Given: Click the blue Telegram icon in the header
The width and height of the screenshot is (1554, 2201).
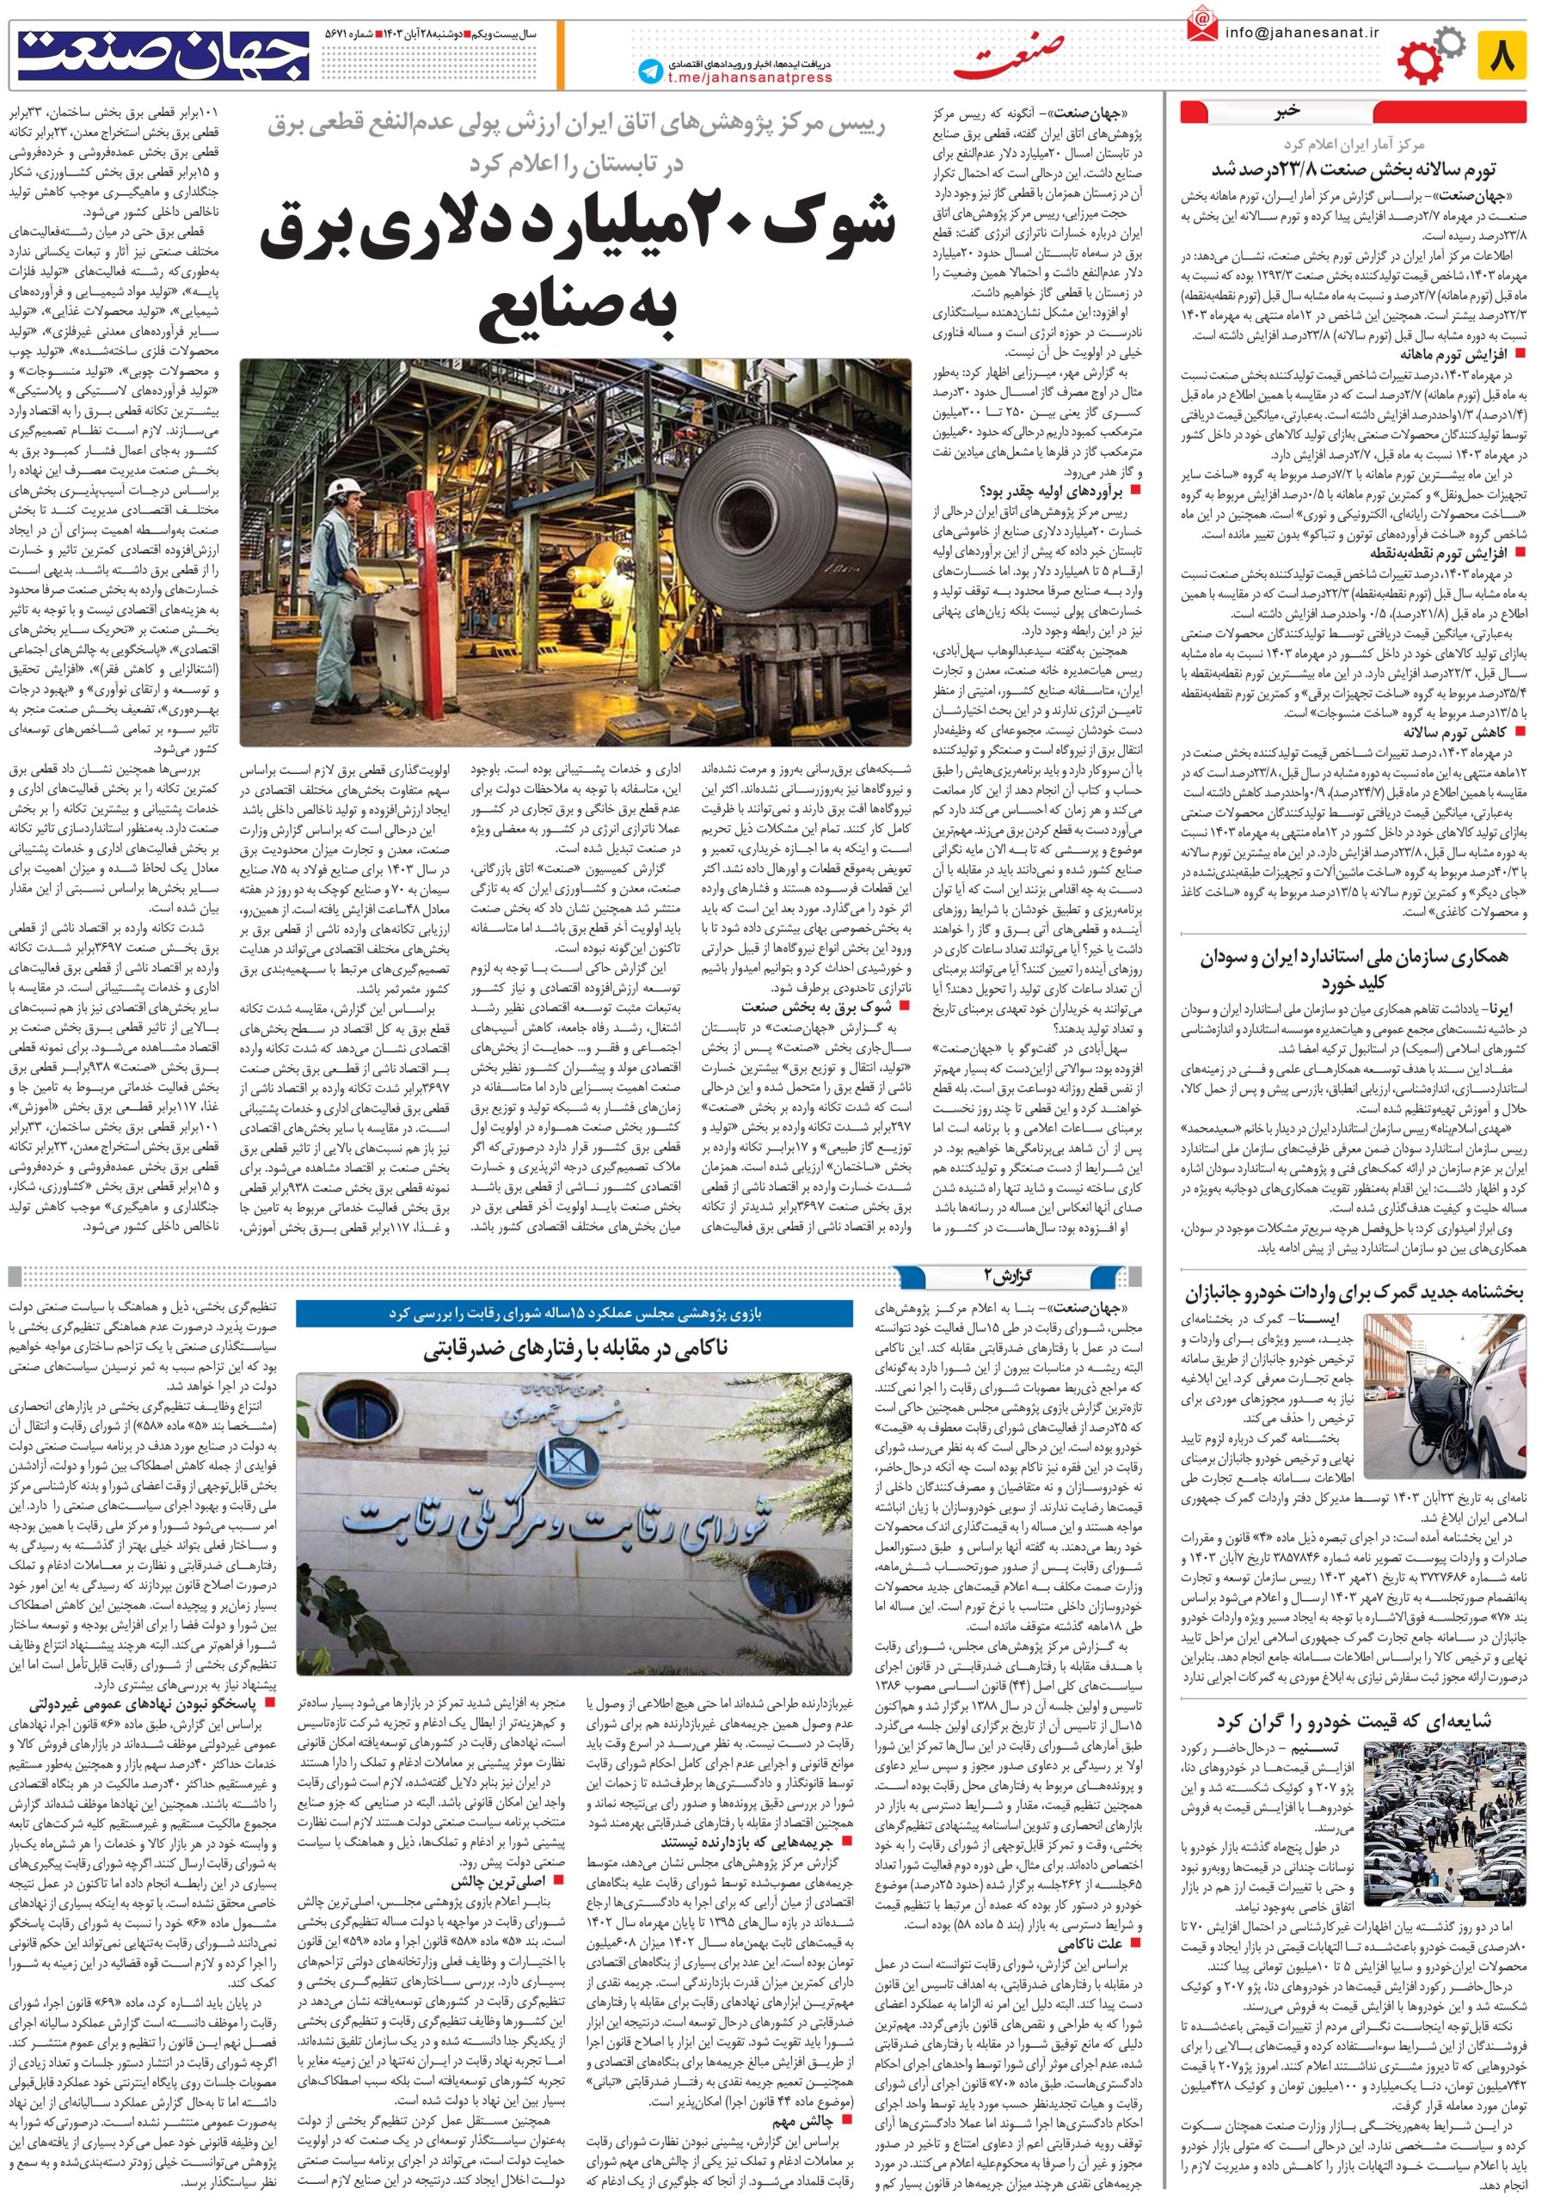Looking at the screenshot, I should point(652,69).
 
